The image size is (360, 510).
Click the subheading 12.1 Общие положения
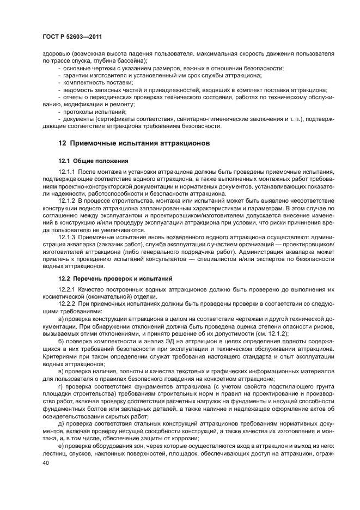(93, 161)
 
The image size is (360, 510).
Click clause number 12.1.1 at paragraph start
(68, 172)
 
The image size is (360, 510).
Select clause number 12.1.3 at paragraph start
(68, 238)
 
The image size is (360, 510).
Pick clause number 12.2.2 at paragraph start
(68, 303)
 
